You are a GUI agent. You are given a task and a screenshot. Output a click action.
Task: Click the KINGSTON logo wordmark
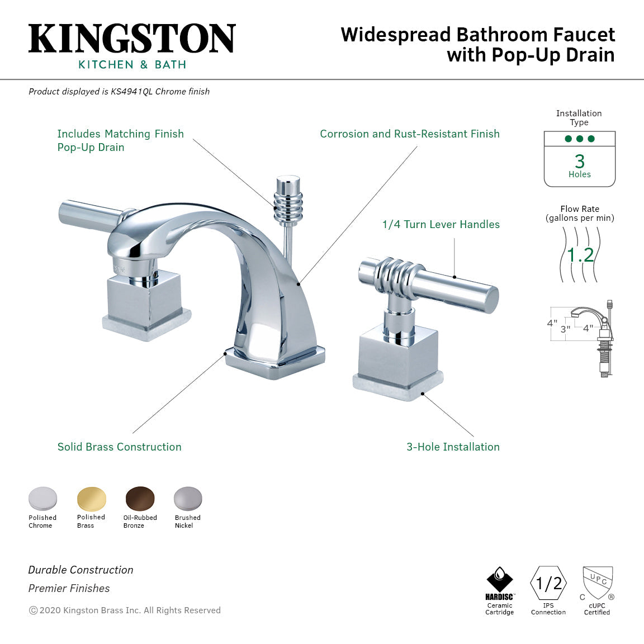(132, 39)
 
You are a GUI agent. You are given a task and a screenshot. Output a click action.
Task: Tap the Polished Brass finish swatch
(91, 498)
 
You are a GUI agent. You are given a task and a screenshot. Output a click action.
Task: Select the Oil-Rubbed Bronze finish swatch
(140, 498)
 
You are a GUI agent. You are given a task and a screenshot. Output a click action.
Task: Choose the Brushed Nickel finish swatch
(188, 498)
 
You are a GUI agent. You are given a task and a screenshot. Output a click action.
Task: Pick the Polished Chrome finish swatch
(43, 498)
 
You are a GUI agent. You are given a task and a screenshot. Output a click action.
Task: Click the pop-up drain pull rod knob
(288, 198)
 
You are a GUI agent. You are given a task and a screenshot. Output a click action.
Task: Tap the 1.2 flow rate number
(580, 255)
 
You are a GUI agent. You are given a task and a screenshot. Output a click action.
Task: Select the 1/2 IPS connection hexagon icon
(548, 584)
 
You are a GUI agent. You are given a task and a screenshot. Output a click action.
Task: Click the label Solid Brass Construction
(120, 447)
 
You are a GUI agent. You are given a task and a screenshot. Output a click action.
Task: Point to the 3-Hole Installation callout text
(453, 447)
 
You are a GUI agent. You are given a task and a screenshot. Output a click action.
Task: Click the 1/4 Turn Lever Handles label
(441, 224)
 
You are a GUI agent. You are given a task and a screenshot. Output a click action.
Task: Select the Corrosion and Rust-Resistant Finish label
(410, 134)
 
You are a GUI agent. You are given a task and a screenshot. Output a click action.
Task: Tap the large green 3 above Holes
(580, 161)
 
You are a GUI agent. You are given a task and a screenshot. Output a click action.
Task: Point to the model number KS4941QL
(131, 92)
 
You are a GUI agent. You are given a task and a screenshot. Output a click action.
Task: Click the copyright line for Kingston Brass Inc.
(125, 610)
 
